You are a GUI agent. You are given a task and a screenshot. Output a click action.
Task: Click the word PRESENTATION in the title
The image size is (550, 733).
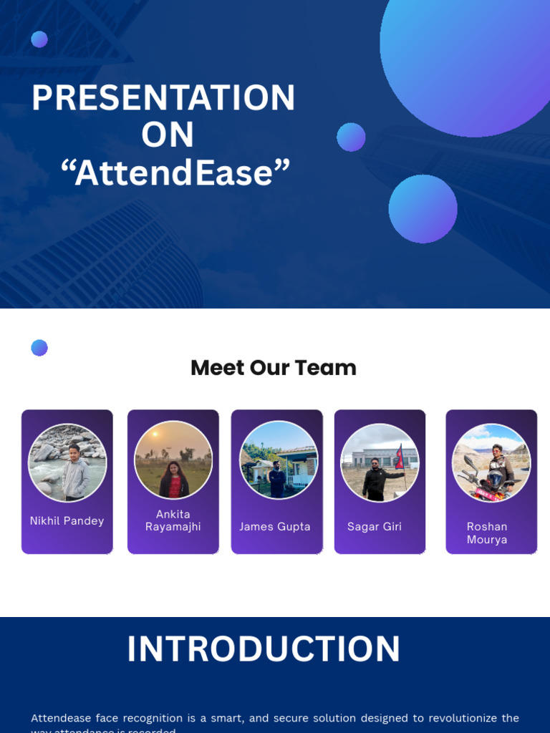pos(163,98)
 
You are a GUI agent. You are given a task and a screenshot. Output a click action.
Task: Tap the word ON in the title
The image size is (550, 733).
pos(168,135)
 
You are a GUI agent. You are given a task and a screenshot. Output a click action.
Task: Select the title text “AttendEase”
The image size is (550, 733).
pos(175,173)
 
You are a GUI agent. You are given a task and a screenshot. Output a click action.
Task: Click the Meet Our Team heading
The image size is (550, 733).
pos(274,368)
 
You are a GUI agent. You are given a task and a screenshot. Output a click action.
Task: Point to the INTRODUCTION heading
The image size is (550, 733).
pos(264,649)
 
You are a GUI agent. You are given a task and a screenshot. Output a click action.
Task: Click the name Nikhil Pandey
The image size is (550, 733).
pos(67,521)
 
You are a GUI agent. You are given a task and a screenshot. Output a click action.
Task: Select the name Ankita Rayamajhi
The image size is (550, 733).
pos(173,520)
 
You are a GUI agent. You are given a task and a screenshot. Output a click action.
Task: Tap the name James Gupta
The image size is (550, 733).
pos(275,527)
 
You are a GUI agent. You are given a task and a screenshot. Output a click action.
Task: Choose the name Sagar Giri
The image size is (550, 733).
pos(375,527)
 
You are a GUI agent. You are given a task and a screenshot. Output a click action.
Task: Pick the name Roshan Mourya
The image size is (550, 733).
pos(487,533)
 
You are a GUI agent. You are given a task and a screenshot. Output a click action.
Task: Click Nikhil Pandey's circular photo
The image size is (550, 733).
pos(67,462)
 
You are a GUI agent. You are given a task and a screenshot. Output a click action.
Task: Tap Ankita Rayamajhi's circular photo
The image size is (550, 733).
pos(173,460)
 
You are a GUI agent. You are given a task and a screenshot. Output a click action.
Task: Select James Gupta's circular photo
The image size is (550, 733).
pos(278,460)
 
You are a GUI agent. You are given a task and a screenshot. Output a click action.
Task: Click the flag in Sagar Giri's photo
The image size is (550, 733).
pos(400,457)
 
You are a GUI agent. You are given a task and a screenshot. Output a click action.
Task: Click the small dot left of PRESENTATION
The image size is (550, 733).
pos(39,39)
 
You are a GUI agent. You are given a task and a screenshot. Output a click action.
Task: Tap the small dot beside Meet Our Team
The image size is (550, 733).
pos(39,348)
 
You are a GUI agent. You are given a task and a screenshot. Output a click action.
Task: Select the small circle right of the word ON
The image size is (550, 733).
pos(351,137)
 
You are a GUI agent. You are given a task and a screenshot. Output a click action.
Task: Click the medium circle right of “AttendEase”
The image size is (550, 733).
pos(423,209)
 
